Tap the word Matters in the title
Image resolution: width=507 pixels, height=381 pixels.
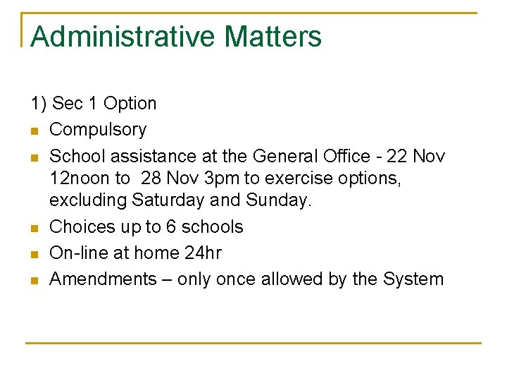tap(274, 37)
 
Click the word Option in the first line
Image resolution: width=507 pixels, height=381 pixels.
tap(130, 104)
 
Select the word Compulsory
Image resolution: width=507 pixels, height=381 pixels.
tap(98, 130)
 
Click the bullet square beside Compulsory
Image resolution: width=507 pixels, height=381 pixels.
tap(34, 131)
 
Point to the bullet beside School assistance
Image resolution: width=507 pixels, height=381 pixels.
tap(34, 157)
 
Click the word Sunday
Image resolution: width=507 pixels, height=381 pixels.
tap(278, 200)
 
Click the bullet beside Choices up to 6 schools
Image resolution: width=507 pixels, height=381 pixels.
tap(34, 228)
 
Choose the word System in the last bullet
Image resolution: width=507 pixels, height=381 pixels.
tap(413, 279)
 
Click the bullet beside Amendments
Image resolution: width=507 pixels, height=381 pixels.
tap(34, 280)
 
